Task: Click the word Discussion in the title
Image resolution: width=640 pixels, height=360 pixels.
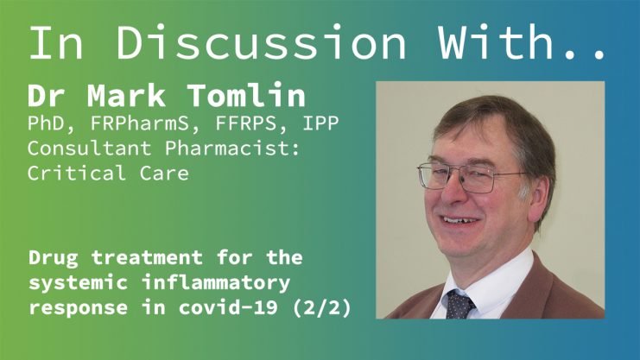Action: point(261,43)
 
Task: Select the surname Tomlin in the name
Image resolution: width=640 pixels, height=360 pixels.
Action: point(247,95)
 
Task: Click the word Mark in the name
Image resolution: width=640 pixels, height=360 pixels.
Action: point(126,95)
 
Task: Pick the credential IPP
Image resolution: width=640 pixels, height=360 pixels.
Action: point(320,123)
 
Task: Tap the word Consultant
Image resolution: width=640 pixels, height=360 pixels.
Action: point(89,148)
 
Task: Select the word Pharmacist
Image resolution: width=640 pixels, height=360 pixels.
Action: point(232,148)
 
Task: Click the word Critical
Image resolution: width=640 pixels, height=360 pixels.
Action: point(77,173)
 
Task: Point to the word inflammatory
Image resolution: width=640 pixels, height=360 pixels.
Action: point(216,282)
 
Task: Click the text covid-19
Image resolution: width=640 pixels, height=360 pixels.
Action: point(229,307)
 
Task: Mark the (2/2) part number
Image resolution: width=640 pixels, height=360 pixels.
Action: point(322,307)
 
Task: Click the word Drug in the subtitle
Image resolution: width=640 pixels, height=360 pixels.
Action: point(53,258)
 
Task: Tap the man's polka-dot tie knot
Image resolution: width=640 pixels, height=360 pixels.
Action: point(460,303)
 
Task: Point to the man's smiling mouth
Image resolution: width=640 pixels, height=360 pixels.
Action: point(460,221)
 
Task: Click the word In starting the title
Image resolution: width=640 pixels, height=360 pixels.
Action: point(56,43)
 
